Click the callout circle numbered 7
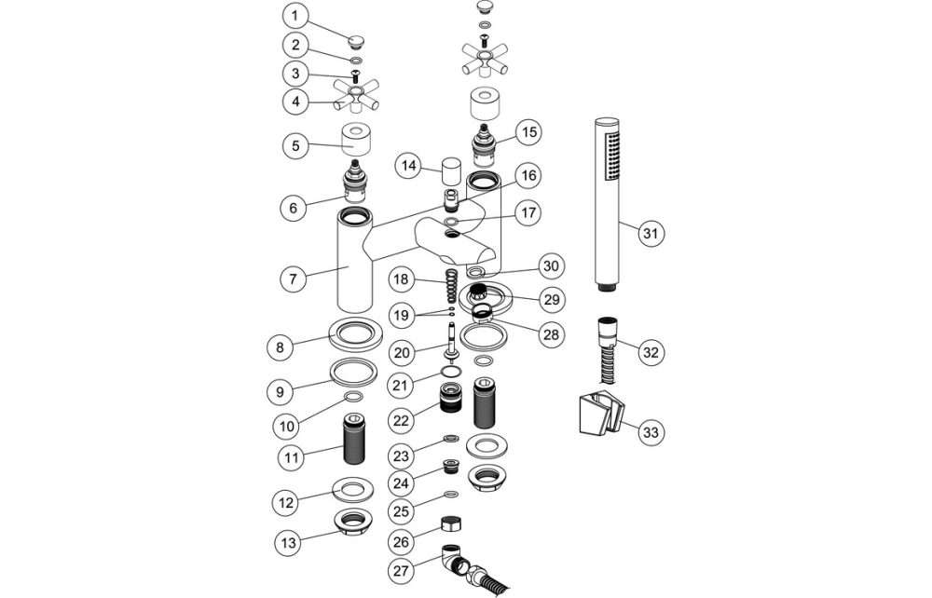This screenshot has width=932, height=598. [295, 278]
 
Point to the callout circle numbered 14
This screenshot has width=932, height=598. [407, 167]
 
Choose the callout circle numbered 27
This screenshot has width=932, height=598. [402, 569]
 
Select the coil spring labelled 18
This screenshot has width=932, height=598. [449, 281]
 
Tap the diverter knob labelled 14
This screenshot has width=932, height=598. [451, 171]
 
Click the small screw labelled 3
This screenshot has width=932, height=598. [355, 76]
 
